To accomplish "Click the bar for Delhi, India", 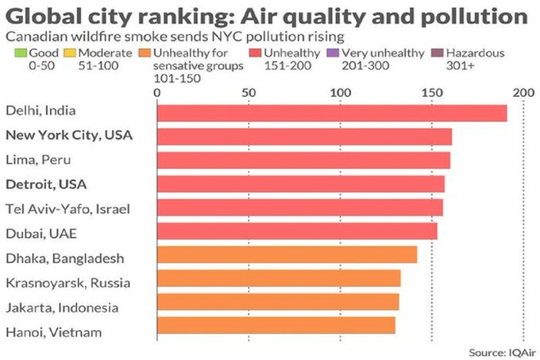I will pos(331,113).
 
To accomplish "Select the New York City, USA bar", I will pos(304,137).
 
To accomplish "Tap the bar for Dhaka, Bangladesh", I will pos(287,255).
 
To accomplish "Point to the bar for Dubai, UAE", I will pos(297,231).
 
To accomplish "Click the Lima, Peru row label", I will pos(38,160).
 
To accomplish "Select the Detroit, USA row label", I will pos(47,184).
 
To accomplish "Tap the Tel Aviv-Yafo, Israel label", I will pos(67,208).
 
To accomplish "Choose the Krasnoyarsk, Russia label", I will pos(67,282).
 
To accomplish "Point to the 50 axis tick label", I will pos(248,92).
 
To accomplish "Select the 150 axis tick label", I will pos(431,92).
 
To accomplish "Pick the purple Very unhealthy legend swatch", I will pos(335,52).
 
